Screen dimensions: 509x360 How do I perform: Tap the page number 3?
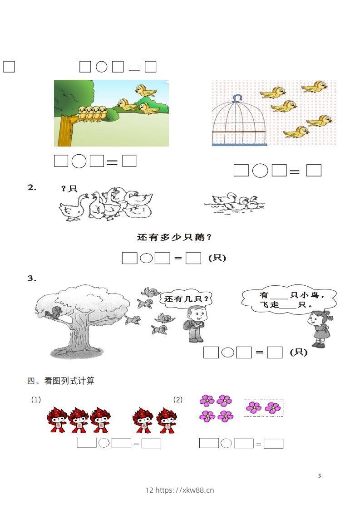(x=320, y=476)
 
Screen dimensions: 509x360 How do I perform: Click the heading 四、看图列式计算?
(x=61, y=381)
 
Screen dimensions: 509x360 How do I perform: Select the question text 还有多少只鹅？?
(x=175, y=237)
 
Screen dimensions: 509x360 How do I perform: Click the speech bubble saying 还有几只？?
(x=187, y=299)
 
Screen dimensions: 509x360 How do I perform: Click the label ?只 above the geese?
(x=69, y=189)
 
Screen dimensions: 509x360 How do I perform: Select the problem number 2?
(x=32, y=187)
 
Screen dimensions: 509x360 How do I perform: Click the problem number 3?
(x=32, y=279)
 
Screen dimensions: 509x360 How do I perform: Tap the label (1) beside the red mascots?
(x=36, y=400)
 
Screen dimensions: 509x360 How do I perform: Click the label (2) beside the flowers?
(x=178, y=400)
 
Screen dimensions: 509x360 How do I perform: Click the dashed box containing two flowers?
(x=263, y=407)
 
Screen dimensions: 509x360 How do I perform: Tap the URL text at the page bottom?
(x=180, y=490)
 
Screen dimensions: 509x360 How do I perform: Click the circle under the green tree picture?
(x=79, y=161)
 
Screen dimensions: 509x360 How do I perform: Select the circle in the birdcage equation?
(x=260, y=171)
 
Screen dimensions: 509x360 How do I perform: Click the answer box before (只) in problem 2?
(x=194, y=258)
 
